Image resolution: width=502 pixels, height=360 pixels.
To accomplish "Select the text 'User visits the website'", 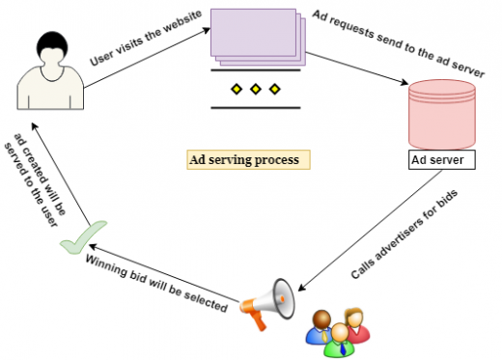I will (x=145, y=44).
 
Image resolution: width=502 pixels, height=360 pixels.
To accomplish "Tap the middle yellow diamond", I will (x=255, y=91).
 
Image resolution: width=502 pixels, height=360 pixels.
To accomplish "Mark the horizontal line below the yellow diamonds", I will (x=255, y=107).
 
